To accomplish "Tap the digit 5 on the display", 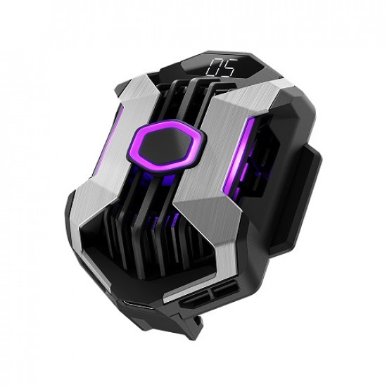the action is [229, 68].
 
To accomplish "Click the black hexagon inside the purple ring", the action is [164, 146].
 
